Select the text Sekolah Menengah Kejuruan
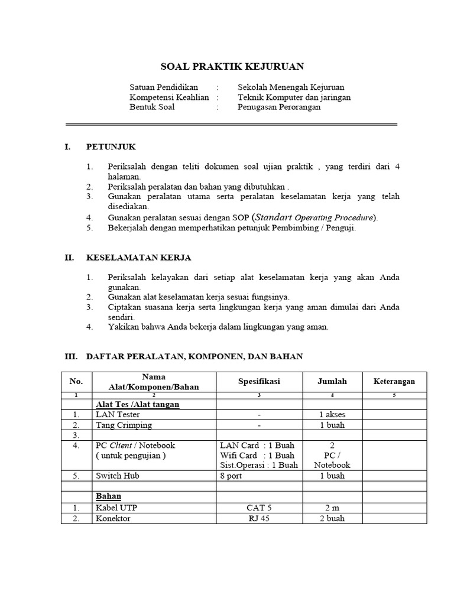tap(291, 87)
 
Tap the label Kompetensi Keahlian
tap(169, 97)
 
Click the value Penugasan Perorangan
tap(279, 108)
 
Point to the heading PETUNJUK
tap(111, 147)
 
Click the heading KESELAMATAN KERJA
tap(138, 258)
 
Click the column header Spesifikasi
tap(259, 382)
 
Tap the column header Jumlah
tap(332, 382)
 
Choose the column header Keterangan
tap(394, 382)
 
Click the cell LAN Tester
tap(118, 415)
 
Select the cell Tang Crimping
tap(124, 425)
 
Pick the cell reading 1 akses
tap(332, 415)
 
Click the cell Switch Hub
tap(117, 476)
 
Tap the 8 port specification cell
tap(231, 476)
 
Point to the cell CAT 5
tap(259, 508)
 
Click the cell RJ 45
tap(259, 518)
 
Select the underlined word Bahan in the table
tap(108, 496)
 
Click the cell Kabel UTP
tap(117, 508)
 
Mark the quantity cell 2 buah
tap(332, 518)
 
